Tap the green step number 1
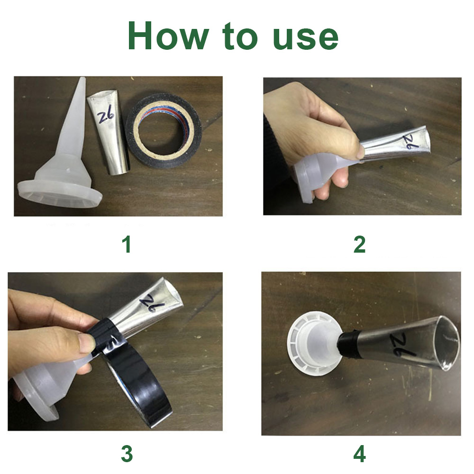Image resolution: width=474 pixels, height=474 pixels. (127, 245)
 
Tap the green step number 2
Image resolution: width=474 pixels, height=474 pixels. (359, 245)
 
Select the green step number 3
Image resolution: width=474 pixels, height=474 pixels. (127, 454)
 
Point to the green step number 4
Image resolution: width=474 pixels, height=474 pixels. (359, 454)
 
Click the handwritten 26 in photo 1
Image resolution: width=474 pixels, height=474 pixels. (106, 117)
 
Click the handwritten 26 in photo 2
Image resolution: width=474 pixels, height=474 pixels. (412, 141)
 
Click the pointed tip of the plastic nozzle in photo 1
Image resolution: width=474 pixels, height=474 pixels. (82, 79)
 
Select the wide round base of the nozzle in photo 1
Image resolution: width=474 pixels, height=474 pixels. (60, 194)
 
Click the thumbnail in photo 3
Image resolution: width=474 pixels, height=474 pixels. (85, 342)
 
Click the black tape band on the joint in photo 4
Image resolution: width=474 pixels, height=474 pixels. (348, 343)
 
